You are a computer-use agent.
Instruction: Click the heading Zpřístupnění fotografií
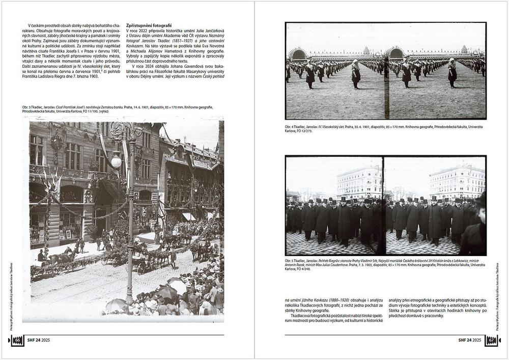coord(149,25)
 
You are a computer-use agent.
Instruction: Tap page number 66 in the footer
coord(16,340)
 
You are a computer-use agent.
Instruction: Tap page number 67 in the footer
coord(492,340)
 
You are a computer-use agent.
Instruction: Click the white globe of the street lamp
coord(116,162)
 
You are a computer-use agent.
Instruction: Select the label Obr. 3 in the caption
coord(27,107)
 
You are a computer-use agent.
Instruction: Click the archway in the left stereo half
coord(298,54)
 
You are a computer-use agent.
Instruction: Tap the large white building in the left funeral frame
coord(359,182)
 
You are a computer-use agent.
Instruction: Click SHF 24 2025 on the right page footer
coord(469,340)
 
